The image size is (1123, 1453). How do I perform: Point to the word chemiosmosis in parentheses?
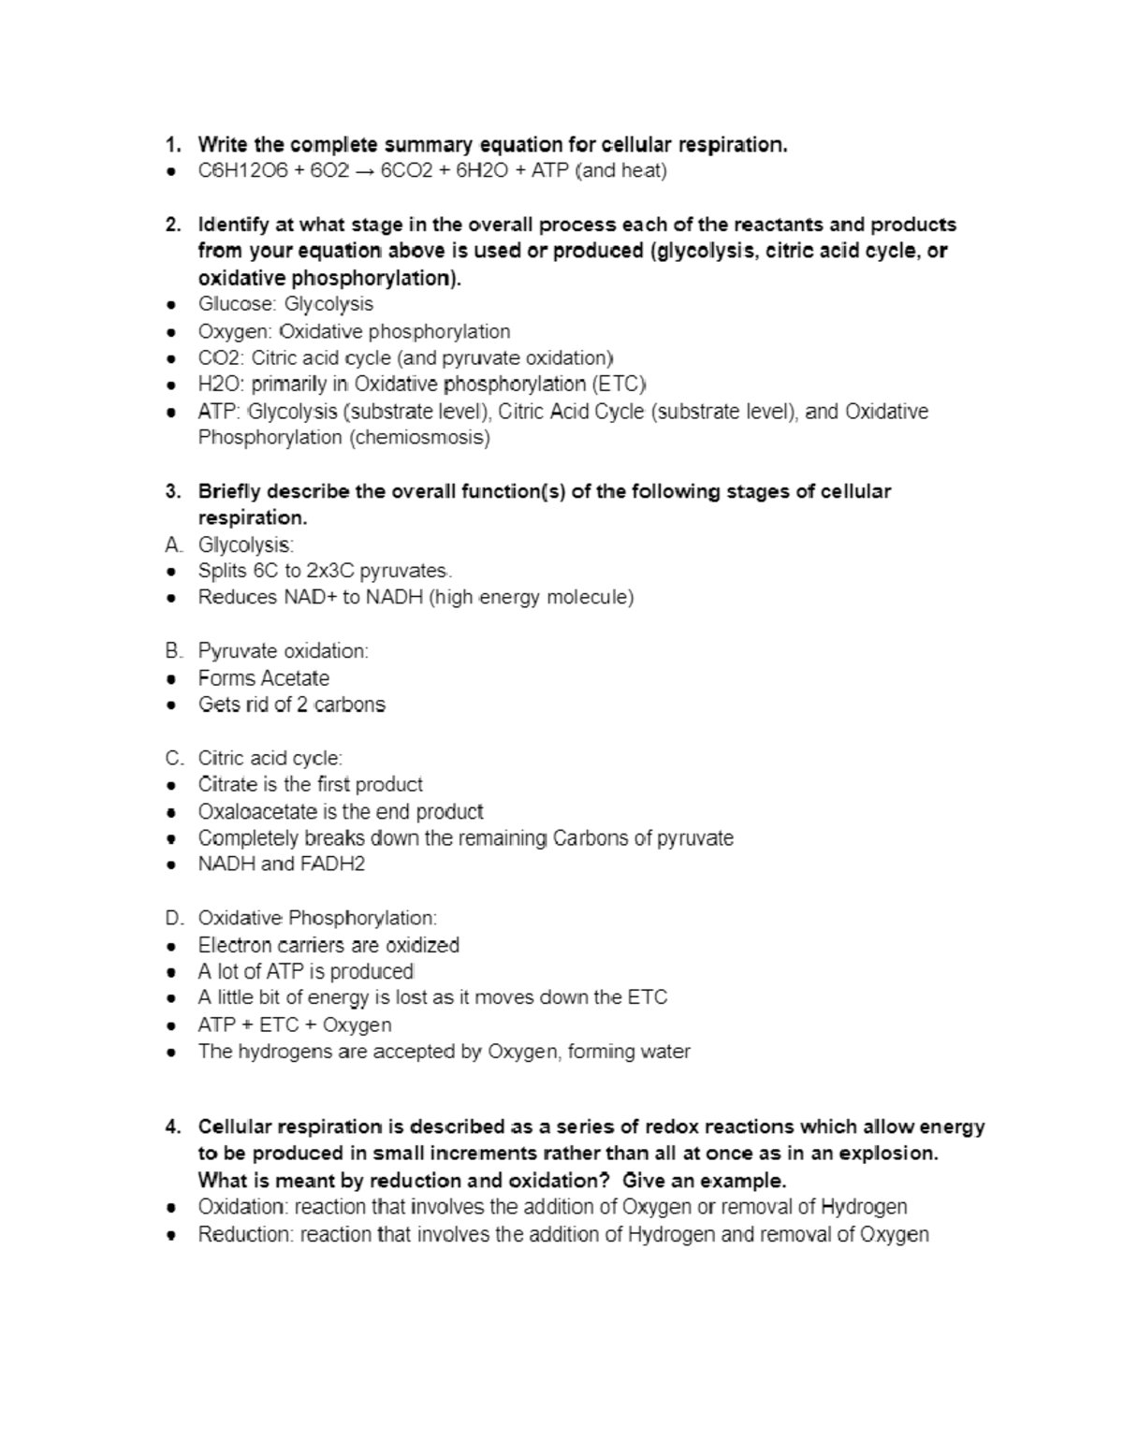[x=419, y=437]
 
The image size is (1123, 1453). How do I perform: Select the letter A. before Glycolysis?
[x=171, y=545]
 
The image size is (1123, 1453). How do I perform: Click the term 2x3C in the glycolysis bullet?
[x=329, y=571]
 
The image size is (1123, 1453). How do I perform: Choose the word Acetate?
[x=295, y=678]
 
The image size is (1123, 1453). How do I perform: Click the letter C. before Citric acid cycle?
[x=172, y=758]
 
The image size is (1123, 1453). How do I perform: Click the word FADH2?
[x=333, y=864]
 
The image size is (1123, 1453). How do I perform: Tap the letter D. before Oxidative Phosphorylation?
[x=172, y=918]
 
